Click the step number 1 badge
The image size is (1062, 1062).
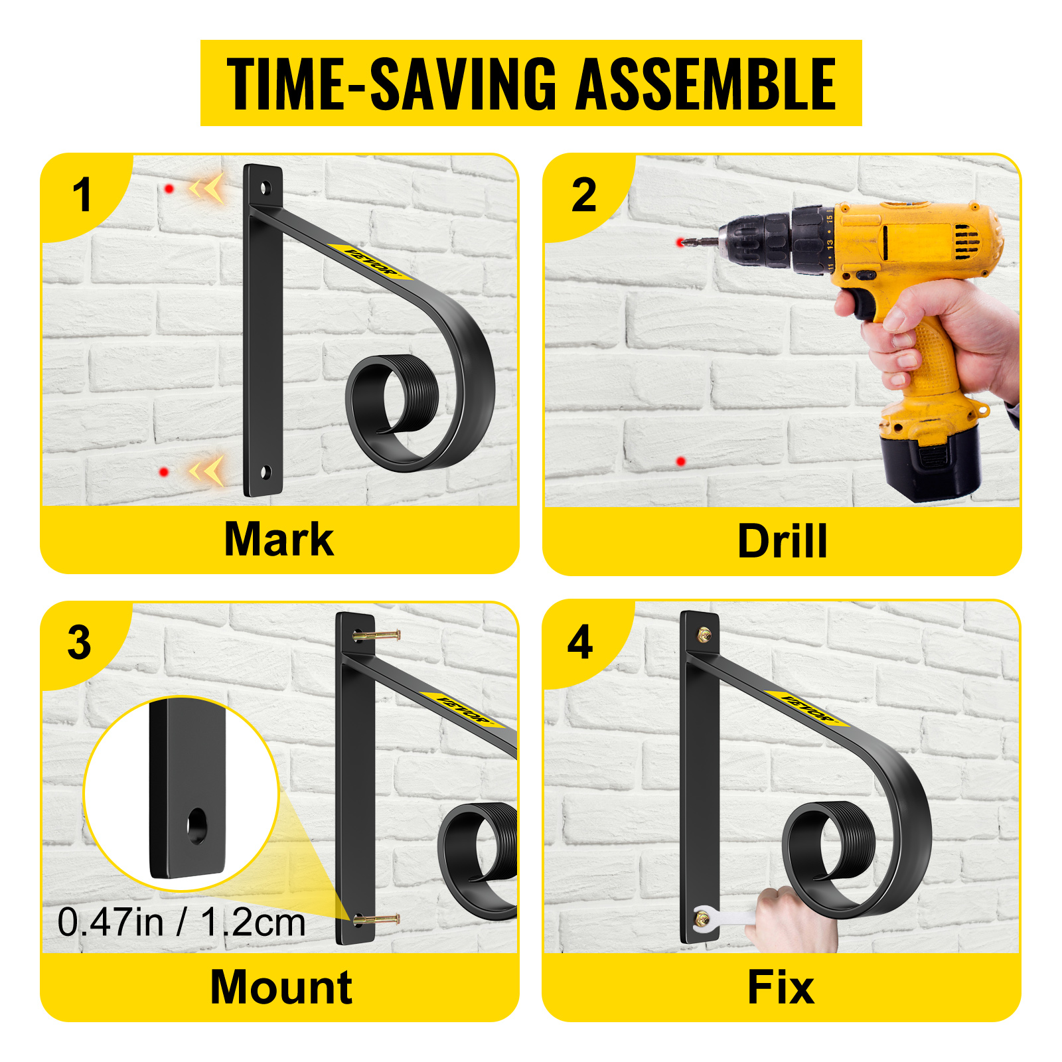[82, 195]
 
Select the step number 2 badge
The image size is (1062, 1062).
[584, 195]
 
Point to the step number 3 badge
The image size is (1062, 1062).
[80, 643]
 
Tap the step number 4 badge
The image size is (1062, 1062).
[580, 643]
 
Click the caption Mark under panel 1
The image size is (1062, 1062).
[279, 539]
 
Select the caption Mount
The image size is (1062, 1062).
[281, 987]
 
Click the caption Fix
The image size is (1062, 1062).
[781, 987]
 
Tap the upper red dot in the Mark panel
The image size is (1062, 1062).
[169, 189]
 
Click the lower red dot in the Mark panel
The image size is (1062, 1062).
[164, 472]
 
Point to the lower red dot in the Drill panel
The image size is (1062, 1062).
[680, 461]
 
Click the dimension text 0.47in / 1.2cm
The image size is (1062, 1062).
[181, 923]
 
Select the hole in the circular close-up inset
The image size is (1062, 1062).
[196, 826]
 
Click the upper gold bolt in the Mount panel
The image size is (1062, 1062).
[377, 635]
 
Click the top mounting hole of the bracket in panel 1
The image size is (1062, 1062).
[265, 187]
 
